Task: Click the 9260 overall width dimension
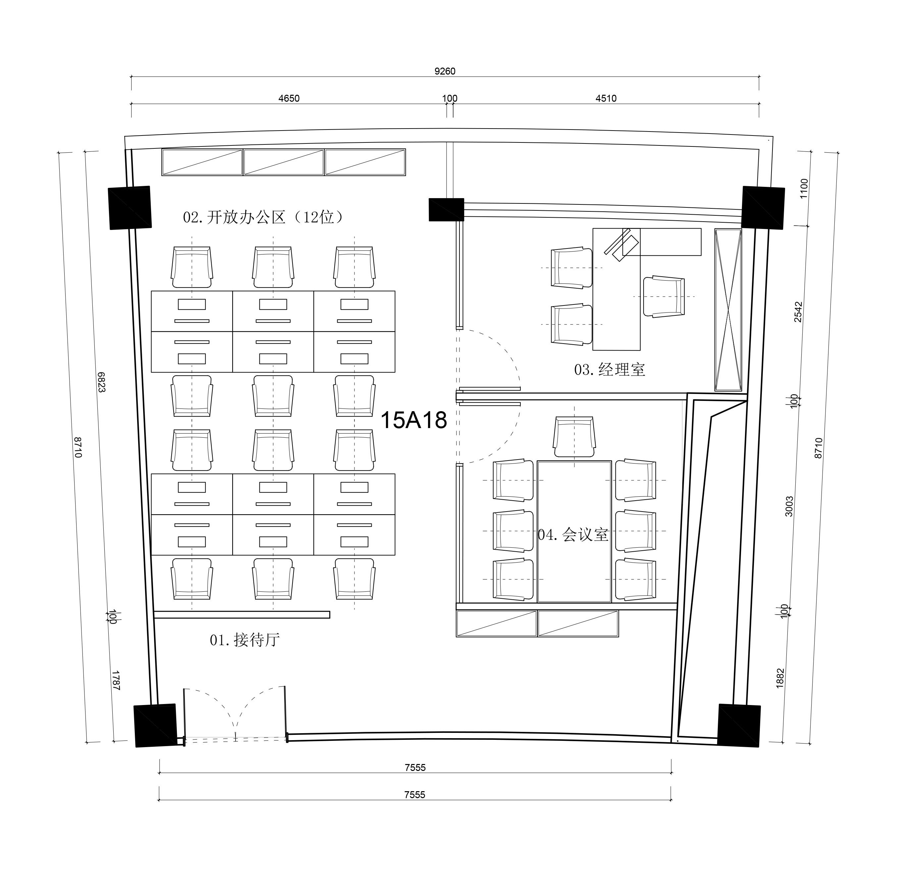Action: coord(445,71)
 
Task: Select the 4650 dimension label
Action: coord(289,98)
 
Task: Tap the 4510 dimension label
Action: coord(606,98)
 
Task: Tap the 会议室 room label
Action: coord(585,534)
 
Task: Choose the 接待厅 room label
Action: coord(257,639)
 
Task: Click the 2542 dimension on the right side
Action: coord(798,312)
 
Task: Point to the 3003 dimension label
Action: coord(789,506)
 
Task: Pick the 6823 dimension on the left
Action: coord(101,382)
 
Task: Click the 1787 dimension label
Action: coord(116,681)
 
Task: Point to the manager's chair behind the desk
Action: coord(663,297)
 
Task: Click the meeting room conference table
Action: coord(574,531)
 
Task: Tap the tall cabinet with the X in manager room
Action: coord(728,310)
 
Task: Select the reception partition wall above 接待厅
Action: coord(241,615)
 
